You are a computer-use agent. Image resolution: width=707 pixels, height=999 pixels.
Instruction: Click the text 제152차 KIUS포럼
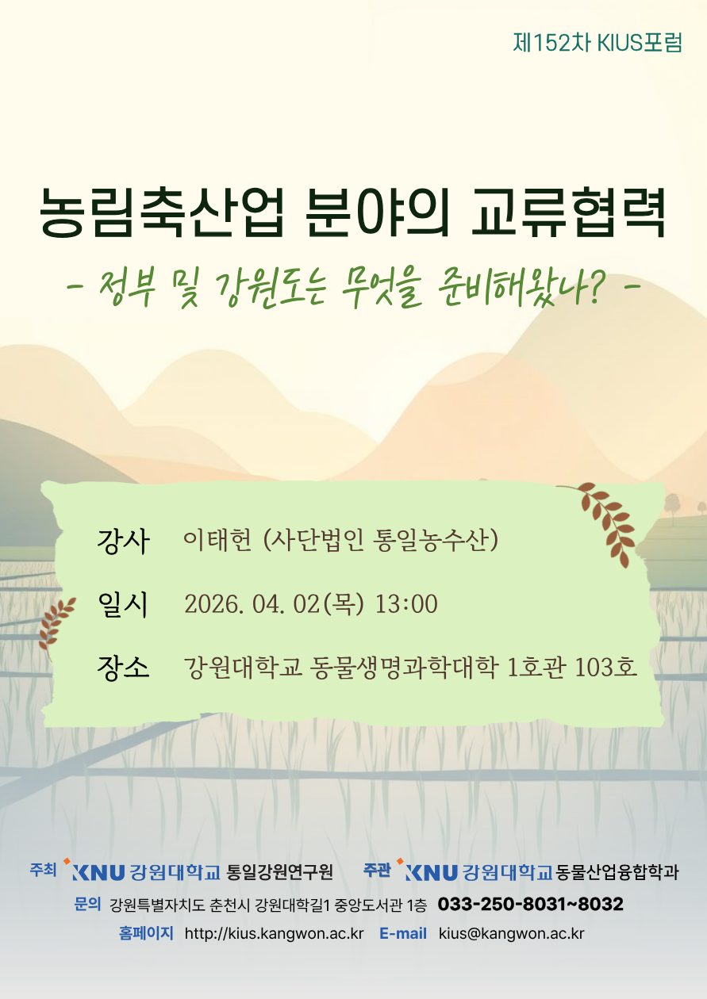pos(597,44)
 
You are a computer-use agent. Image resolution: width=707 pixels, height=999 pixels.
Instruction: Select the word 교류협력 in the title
pos(569,212)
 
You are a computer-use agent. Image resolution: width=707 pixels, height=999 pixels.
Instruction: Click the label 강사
pos(123,541)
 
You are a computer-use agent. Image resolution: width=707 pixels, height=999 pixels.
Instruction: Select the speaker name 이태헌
pos(217,540)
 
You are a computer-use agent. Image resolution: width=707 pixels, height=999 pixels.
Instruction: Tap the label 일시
pos(123,605)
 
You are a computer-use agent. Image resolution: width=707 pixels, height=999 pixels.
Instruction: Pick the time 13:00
pos(406,604)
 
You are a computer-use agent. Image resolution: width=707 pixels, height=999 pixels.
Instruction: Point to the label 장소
pos(123,668)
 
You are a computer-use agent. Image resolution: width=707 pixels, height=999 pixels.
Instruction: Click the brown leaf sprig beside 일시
pos(56,626)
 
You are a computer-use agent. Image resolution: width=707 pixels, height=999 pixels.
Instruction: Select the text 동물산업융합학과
pos(617,872)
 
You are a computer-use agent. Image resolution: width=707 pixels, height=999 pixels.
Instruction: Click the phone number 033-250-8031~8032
pos(531,904)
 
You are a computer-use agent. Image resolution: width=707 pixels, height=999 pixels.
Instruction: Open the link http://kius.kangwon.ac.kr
pos(274,933)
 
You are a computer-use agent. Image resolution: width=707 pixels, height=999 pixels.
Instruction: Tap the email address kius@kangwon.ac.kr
pos(512,933)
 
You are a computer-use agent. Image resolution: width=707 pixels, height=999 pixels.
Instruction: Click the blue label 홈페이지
pos(146,932)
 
